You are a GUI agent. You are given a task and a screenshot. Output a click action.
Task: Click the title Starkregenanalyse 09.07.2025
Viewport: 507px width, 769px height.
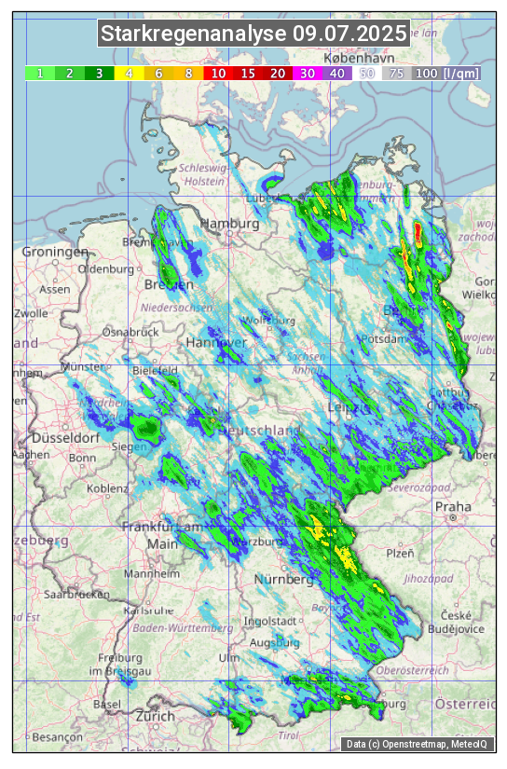pyautogui.click(x=254, y=34)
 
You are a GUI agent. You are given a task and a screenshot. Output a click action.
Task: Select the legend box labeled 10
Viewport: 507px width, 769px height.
pyautogui.click(x=218, y=73)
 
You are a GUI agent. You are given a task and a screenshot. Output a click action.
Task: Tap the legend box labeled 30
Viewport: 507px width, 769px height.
pyautogui.click(x=307, y=73)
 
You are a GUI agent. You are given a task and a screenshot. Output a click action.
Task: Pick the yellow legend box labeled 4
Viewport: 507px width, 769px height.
pyautogui.click(x=130, y=73)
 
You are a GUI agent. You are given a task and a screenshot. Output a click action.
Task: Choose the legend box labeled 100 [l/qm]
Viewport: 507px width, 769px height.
pyautogui.click(x=447, y=73)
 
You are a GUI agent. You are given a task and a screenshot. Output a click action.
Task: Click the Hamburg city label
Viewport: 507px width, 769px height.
pyautogui.click(x=229, y=225)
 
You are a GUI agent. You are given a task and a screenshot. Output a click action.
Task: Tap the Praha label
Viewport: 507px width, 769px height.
pyautogui.click(x=453, y=507)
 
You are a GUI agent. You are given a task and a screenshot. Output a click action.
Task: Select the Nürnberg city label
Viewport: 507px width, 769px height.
pyautogui.click(x=283, y=580)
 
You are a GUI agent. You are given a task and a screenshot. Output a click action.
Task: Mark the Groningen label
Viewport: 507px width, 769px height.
pyautogui.click(x=55, y=253)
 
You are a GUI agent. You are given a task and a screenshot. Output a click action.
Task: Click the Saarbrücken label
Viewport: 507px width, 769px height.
pyautogui.click(x=78, y=593)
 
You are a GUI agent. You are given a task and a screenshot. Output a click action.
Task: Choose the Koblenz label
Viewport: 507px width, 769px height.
pyautogui.click(x=107, y=487)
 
